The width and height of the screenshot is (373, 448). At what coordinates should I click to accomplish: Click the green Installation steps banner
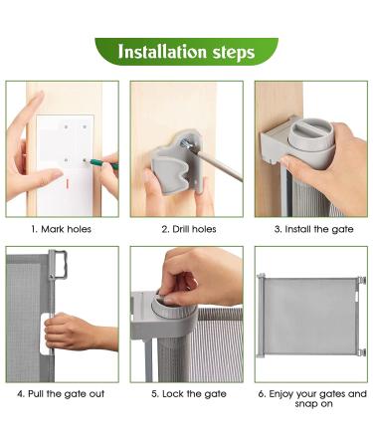pyautogui.click(x=186, y=52)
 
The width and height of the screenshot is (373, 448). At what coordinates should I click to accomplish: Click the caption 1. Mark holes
pyautogui.click(x=62, y=228)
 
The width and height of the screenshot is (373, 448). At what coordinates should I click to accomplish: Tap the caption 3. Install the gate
pyautogui.click(x=310, y=228)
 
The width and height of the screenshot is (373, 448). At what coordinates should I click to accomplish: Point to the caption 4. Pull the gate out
pyautogui.click(x=62, y=393)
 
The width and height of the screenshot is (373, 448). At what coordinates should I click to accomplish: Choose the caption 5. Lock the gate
pyautogui.click(x=186, y=393)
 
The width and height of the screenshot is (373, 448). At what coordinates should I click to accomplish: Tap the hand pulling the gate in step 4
pyautogui.click(x=75, y=331)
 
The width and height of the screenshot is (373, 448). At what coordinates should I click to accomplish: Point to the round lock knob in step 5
pyautogui.click(x=170, y=296)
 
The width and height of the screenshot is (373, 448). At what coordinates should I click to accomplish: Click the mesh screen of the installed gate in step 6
pyautogui.click(x=310, y=311)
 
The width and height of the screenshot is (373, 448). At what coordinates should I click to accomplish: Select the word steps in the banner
pyautogui.click(x=232, y=52)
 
